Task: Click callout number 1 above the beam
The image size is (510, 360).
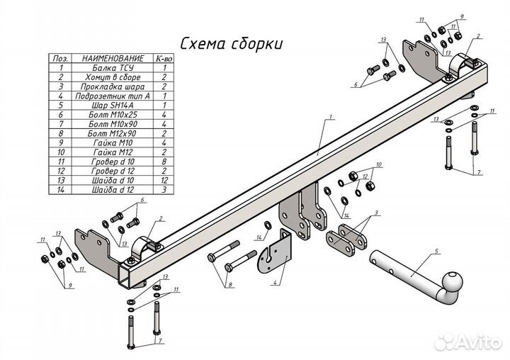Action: click(x=330, y=116)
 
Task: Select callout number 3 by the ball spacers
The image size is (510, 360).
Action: click(x=377, y=213)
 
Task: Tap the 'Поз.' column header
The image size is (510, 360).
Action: click(x=61, y=58)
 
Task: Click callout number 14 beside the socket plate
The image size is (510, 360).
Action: click(x=259, y=237)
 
